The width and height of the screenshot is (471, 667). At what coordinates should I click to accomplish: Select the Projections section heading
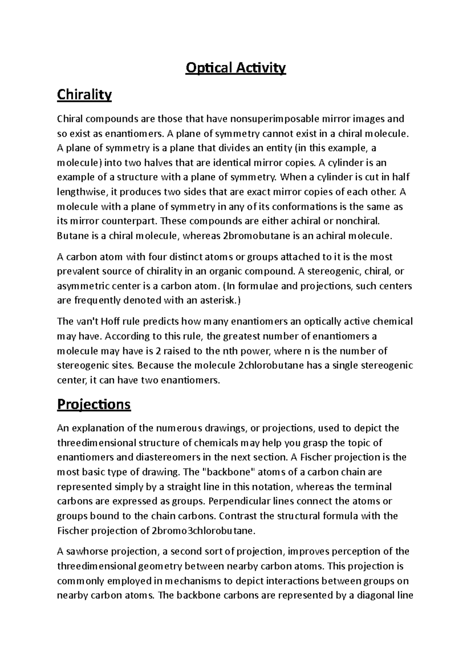coord(93,404)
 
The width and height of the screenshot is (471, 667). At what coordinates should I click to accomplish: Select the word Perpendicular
coord(241,501)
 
